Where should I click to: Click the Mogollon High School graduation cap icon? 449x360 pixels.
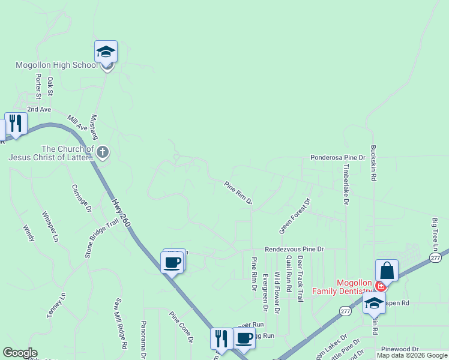coord(106,52)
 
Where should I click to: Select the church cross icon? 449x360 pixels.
coord(103,152)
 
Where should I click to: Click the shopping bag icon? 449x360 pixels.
coord(387,271)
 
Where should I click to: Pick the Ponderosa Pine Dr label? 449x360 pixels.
coord(337,157)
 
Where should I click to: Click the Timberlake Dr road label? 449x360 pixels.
coord(346,185)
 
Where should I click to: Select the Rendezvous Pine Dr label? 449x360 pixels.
coord(294,249)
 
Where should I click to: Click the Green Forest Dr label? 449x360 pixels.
coord(295,216)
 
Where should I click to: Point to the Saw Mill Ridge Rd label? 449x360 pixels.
coord(121,324)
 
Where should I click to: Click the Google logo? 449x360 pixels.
coord(20,353)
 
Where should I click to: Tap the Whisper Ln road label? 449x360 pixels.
coord(50,226)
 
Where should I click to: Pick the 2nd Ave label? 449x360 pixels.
coord(39,109)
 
